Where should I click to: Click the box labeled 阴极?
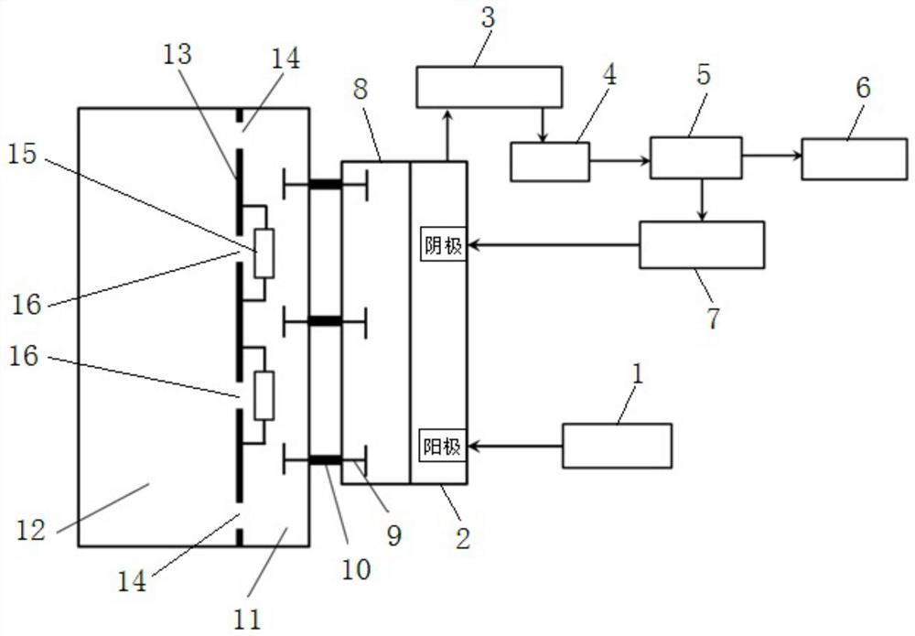pyautogui.click(x=444, y=245)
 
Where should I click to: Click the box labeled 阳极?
pyautogui.click(x=444, y=447)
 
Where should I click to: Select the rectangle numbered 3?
pyautogui.click(x=489, y=87)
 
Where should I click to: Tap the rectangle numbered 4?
pyautogui.click(x=549, y=161)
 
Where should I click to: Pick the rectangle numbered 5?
pyautogui.click(x=695, y=156)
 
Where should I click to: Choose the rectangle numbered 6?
pyautogui.click(x=855, y=158)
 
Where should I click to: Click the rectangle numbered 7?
pyautogui.click(x=702, y=244)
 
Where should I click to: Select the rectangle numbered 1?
pyautogui.click(x=617, y=446)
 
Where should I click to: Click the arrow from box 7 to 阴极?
pyautogui.click(x=554, y=245)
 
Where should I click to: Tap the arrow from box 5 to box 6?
pyautogui.click(x=771, y=156)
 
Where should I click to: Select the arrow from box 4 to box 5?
pyautogui.click(x=619, y=160)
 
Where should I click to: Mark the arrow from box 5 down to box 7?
pyautogui.click(x=702, y=199)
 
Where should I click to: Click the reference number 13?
pyautogui.click(x=178, y=55)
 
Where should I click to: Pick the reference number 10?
pyautogui.click(x=357, y=569)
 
